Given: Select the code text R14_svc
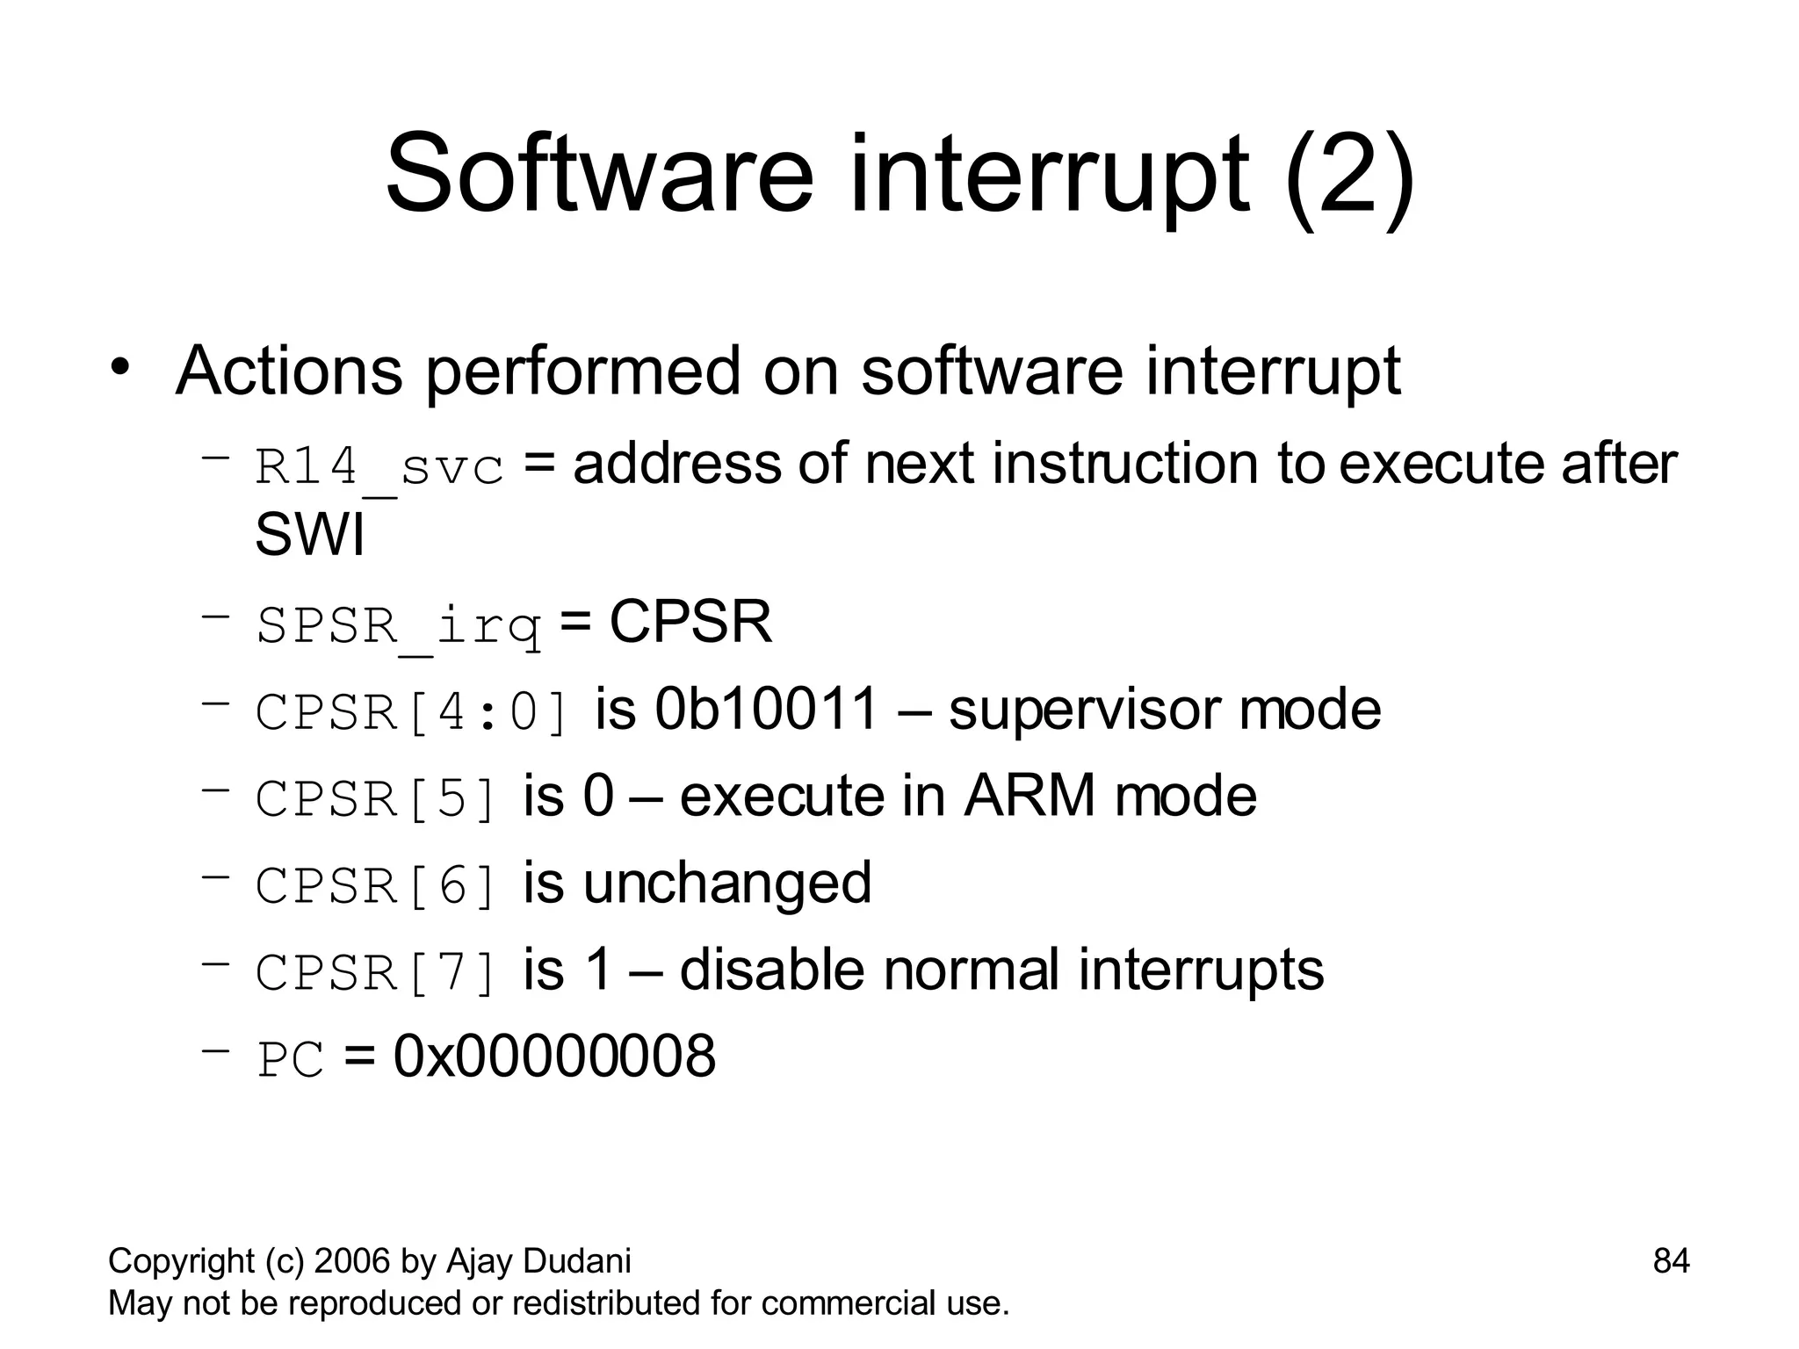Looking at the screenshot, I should pos(379,465).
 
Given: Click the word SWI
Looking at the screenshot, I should pos(309,534).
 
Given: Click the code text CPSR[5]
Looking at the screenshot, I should pos(377,798).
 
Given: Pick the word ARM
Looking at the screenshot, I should pos(1030,796).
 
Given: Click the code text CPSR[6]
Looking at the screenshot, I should pos(377,885).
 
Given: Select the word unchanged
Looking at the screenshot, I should pos(727,883).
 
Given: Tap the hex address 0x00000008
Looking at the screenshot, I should pos(554,1056).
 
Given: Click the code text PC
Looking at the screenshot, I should pos(291,1060).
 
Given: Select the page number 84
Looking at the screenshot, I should pos(1671,1260).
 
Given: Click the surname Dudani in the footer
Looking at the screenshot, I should pos(577,1260).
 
